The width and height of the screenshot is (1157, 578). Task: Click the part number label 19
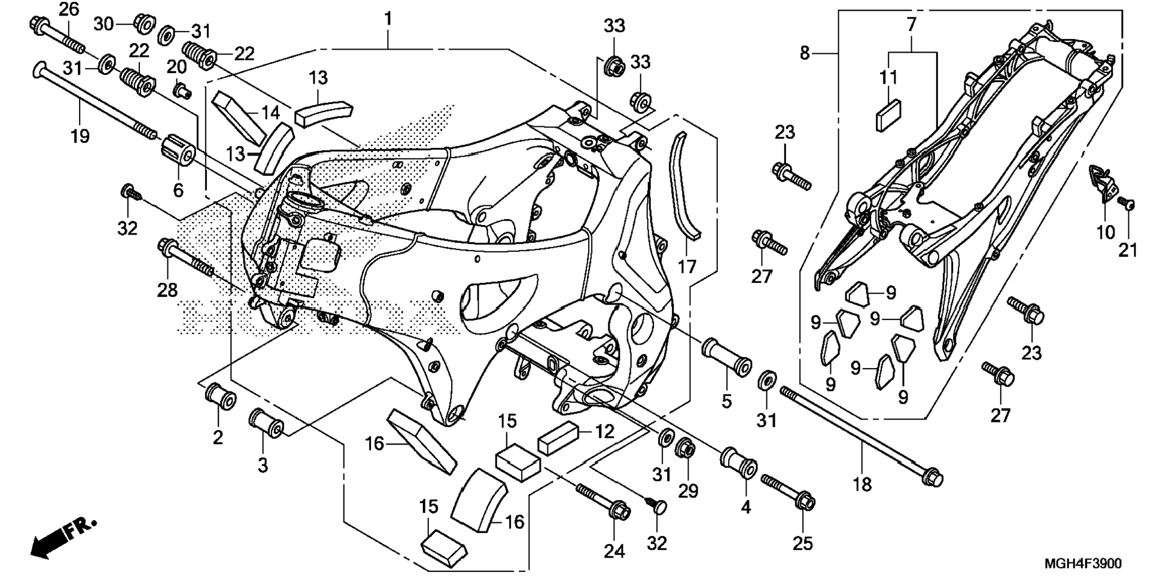tap(80, 136)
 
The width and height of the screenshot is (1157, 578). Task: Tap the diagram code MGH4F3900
tap(1083, 564)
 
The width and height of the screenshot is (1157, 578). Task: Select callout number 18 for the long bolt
tap(862, 484)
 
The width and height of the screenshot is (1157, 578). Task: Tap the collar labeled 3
tap(266, 424)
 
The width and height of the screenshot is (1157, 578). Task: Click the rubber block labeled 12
tap(558, 437)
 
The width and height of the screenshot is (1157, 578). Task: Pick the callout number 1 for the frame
tap(388, 19)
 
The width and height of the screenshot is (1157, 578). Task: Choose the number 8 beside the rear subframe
tap(805, 53)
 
